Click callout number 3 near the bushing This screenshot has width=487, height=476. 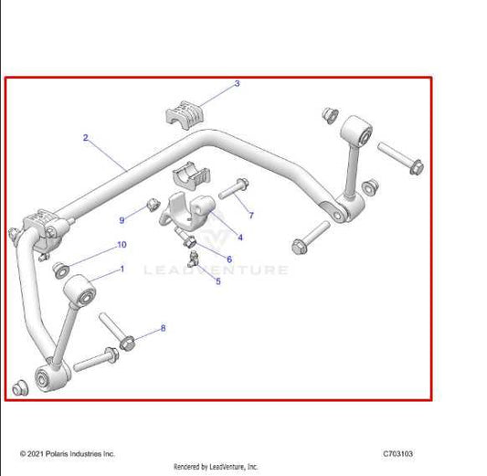pos(237,84)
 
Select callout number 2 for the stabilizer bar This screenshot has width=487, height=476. pos(85,138)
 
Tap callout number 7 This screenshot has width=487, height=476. pos(251,216)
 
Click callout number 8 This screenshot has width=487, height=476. pos(164,327)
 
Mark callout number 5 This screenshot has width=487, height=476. pos(217,281)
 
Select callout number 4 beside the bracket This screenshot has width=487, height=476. pos(240,238)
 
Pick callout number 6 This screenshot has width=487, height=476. pos(229,259)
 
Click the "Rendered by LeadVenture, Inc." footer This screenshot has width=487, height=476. pos(217,466)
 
